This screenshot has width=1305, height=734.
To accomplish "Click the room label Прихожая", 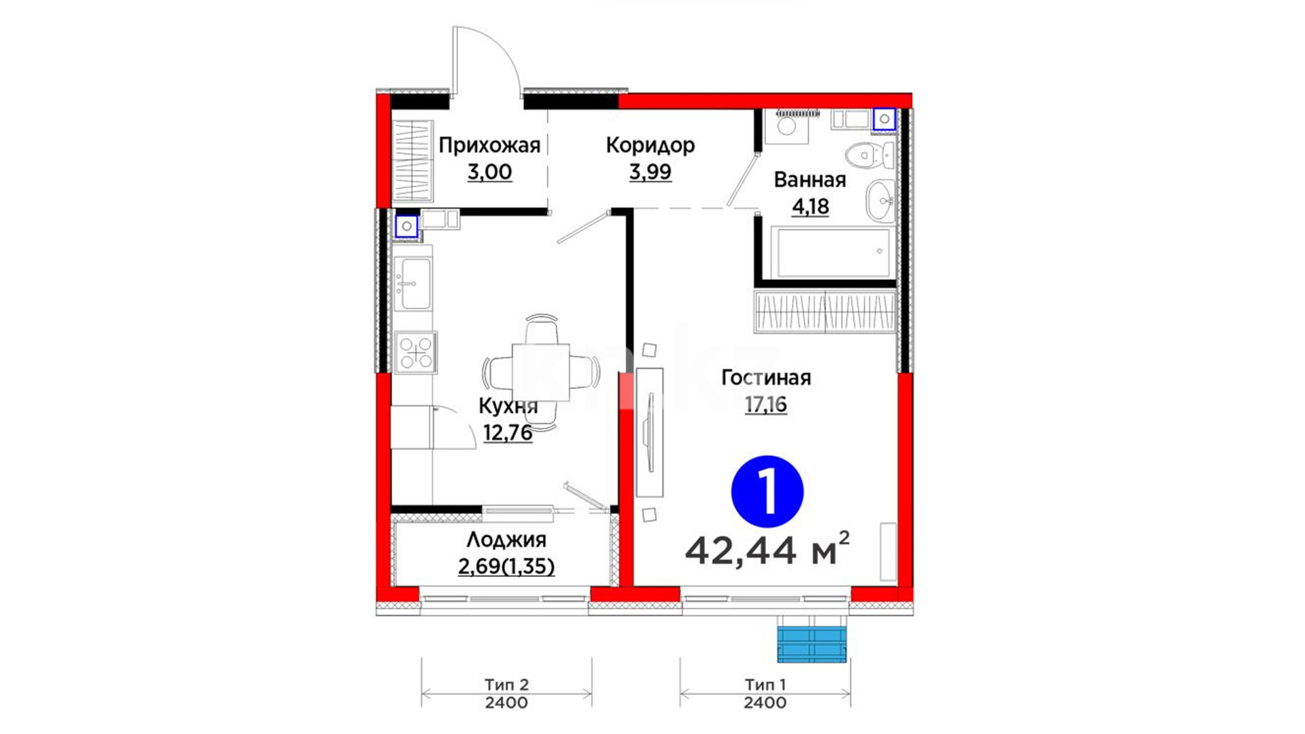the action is pos(489,145).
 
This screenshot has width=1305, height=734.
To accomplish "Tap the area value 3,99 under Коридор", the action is pos(650,172).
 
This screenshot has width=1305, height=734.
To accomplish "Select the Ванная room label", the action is pos(810,180).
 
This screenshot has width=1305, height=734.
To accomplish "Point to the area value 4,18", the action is pos(810,206).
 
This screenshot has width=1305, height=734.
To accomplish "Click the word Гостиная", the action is pos(766,378).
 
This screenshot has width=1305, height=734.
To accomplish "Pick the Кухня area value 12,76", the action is pos(508,432).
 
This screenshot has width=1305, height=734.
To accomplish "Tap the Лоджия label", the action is pos(506,540).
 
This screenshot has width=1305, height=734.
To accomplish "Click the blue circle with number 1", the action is pos(767,491).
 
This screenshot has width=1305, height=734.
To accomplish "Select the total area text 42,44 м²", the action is pos(767,549).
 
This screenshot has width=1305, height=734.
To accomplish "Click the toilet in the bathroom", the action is pos(870,156).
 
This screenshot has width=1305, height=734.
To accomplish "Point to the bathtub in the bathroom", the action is pos(833,253).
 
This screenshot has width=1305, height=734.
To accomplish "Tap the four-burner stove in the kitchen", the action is pos(415,352).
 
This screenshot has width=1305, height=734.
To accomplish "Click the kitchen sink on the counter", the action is pos(413,283).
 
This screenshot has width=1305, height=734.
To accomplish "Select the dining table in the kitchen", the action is pos(541,372).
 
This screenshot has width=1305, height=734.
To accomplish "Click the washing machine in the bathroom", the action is pos(786,127).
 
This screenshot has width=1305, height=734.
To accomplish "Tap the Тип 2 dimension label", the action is pos(506,685).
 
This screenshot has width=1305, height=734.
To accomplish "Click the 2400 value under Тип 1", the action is pos(765,703).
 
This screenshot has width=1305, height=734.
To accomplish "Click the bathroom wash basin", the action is pos(881,200).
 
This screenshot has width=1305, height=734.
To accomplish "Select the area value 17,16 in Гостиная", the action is pos(766,405).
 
